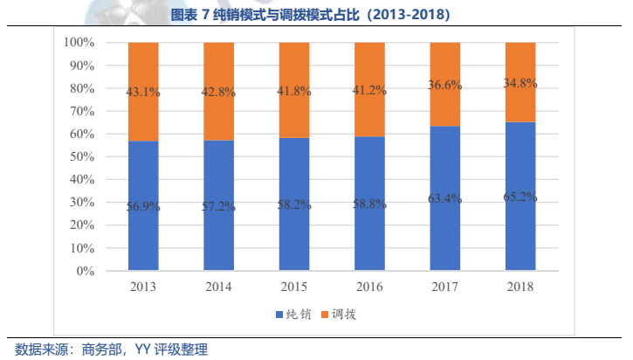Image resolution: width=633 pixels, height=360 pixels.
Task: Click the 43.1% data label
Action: (143, 92)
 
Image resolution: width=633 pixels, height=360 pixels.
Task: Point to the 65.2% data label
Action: (520, 197)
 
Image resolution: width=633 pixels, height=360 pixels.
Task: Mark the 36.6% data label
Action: (445, 85)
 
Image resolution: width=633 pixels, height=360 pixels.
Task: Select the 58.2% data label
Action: (294, 206)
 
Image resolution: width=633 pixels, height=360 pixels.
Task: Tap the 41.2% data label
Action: (369, 90)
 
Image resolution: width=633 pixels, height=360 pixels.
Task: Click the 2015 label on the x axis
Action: (294, 286)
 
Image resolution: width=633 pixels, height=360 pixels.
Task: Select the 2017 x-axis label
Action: (445, 286)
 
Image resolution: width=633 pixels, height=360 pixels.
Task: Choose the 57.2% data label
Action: (218, 208)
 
